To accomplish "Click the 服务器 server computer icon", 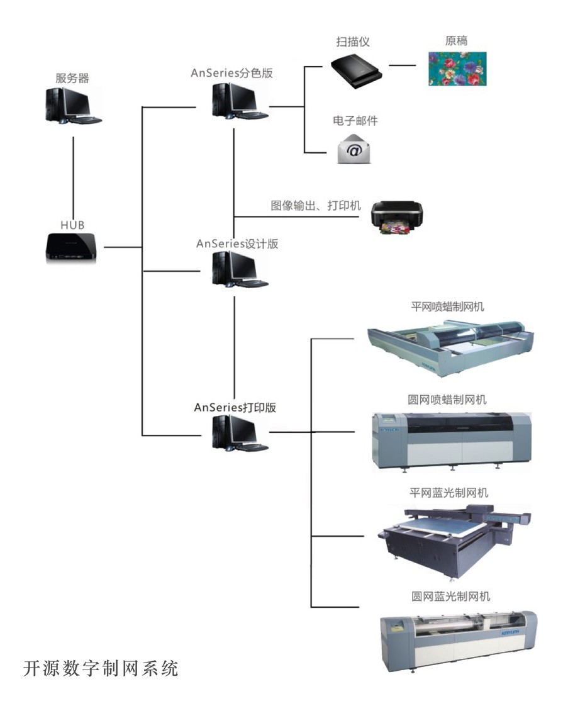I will click(x=72, y=105).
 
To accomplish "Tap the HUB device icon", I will click(x=72, y=247).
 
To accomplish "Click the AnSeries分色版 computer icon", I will click(x=238, y=101).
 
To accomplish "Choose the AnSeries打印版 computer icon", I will click(x=238, y=434).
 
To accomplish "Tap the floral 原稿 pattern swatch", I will click(x=458, y=68).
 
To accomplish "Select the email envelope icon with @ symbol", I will click(x=354, y=149).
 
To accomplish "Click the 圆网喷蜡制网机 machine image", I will click(x=450, y=440).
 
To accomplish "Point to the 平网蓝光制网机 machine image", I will click(x=450, y=538).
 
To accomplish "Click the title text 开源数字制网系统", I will click(x=101, y=668).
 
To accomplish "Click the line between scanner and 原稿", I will click(x=403, y=65).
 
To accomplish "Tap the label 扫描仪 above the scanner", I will click(x=352, y=42).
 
